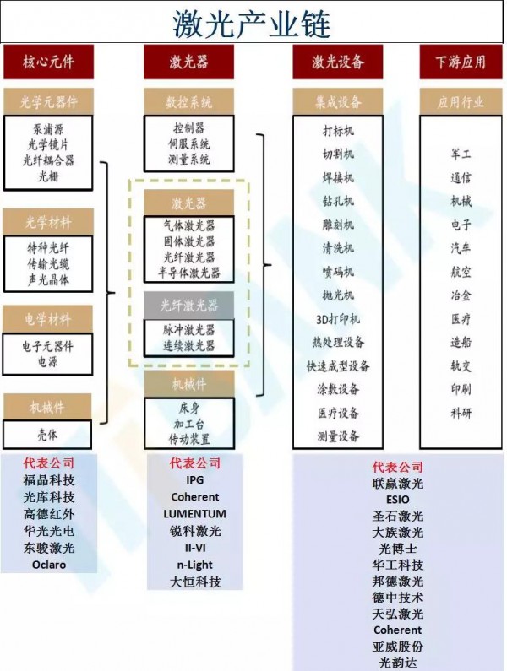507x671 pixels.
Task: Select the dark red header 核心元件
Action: (x=48, y=62)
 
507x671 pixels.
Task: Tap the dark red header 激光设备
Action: (x=338, y=62)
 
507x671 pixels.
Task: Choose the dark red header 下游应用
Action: (x=461, y=62)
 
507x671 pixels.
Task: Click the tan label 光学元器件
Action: (x=49, y=102)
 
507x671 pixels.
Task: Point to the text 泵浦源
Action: (x=49, y=130)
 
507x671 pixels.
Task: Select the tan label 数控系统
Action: (x=189, y=102)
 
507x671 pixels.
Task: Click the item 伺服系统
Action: (x=189, y=144)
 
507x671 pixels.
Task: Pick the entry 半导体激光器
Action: (x=189, y=272)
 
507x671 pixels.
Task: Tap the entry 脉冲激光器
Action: (x=189, y=330)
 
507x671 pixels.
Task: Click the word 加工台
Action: (x=189, y=424)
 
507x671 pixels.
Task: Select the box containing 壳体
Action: (x=48, y=434)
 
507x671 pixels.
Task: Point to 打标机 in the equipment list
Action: (x=338, y=131)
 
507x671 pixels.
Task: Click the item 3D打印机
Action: (x=338, y=319)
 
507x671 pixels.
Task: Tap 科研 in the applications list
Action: (x=461, y=413)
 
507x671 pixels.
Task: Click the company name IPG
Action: (x=194, y=479)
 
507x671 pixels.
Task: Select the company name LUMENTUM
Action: (x=194, y=513)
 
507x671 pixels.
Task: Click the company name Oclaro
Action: (x=49, y=564)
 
